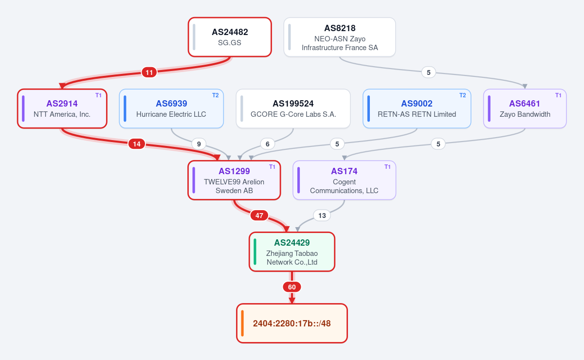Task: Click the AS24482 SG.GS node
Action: [230, 37]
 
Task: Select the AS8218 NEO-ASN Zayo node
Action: [340, 37]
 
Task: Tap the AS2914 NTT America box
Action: [62, 108]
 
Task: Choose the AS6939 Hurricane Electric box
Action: [171, 108]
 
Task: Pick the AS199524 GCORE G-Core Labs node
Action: [293, 108]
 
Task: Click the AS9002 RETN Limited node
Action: [417, 108]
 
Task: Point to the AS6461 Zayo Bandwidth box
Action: [525, 108]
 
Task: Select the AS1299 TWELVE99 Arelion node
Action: [234, 180]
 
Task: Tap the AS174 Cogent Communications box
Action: [344, 180]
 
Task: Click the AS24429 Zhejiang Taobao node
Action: [292, 252]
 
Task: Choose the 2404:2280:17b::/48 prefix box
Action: [292, 323]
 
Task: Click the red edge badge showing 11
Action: [149, 72]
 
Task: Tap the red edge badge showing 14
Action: [137, 144]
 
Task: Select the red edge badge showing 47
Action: [259, 216]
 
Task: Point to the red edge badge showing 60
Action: [292, 287]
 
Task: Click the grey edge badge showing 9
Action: [199, 144]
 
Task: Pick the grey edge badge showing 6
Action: [268, 144]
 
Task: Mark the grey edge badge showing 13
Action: [322, 216]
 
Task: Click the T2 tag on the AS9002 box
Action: [462, 95]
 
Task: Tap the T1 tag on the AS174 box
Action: [387, 167]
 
